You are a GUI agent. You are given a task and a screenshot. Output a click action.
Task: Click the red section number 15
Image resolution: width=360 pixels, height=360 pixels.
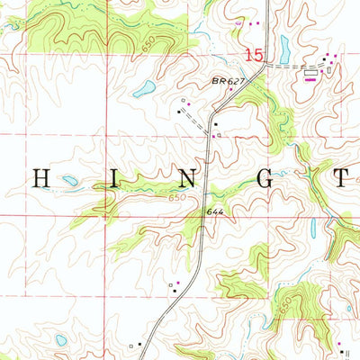point(255,56)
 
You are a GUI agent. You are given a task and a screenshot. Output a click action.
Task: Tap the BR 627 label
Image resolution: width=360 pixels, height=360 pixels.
point(229,82)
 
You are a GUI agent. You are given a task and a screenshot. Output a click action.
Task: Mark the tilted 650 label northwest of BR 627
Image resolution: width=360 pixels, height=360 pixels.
point(149,52)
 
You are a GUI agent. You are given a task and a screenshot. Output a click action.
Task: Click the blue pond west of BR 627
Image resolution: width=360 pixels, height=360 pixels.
point(143,89)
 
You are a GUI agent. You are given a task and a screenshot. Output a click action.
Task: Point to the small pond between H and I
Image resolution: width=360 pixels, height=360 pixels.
point(69,181)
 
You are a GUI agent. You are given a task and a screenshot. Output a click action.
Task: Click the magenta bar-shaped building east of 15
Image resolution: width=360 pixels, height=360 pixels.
point(310,78)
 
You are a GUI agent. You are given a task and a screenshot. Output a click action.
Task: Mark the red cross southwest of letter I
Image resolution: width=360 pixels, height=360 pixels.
point(104,216)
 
